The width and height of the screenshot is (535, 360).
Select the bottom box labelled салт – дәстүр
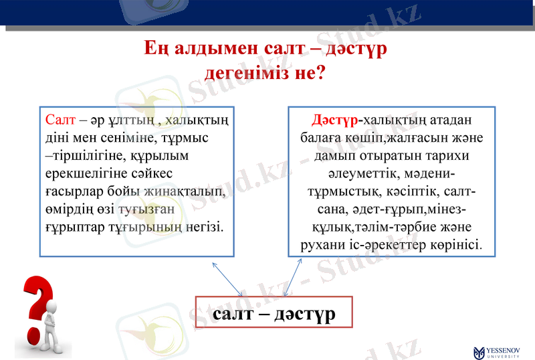tap(274, 313)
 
